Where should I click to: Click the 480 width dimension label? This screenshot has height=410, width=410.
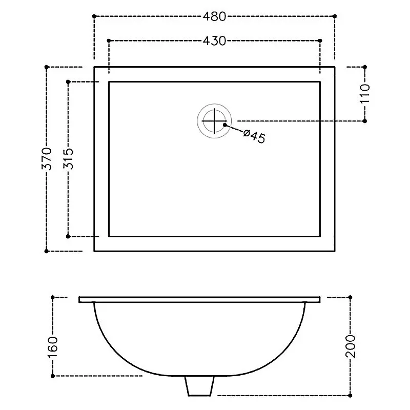click(214, 16)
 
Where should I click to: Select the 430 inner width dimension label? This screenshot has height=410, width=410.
click(214, 41)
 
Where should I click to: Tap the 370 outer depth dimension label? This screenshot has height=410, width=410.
click(47, 158)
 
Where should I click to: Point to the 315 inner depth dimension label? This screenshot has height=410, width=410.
click(68, 158)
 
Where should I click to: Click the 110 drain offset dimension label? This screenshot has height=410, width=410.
click(365, 93)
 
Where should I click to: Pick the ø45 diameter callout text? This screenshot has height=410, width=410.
click(254, 136)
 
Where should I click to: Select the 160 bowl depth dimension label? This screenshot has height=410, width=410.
click(52, 347)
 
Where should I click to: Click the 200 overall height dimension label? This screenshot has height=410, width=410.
click(351, 346)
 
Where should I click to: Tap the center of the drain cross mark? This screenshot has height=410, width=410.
click(214, 121)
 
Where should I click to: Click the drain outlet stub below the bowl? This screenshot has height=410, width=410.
click(199, 386)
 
